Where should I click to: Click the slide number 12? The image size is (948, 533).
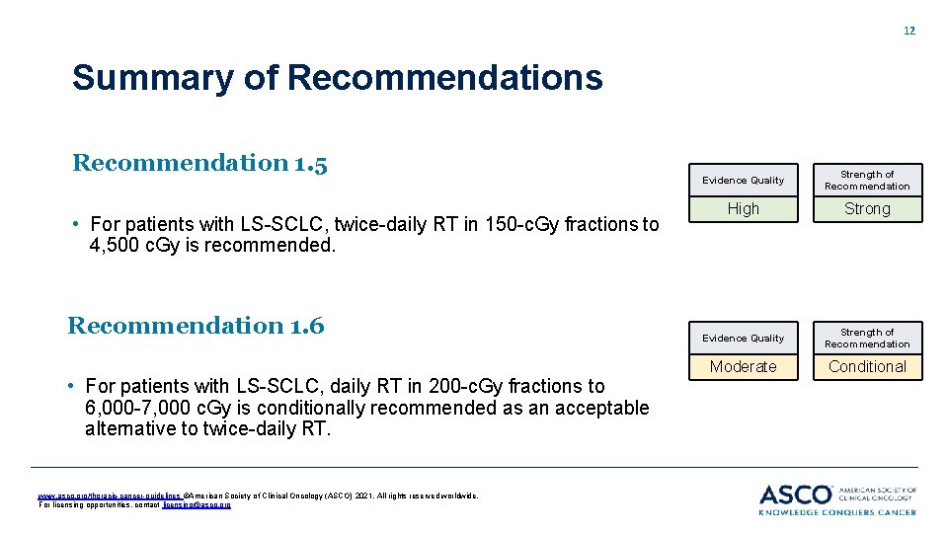click(909, 31)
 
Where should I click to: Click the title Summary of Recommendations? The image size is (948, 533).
click(337, 77)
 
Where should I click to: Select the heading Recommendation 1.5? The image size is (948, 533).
click(199, 162)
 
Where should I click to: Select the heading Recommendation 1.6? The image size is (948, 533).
click(196, 325)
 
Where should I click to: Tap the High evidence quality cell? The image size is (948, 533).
click(743, 208)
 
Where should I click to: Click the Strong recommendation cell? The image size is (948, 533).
click(867, 208)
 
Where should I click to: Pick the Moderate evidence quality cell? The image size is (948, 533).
click(743, 366)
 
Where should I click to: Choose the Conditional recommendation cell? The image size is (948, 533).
click(867, 366)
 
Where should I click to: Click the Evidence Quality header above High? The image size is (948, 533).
click(743, 180)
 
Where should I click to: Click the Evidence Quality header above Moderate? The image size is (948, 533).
click(743, 338)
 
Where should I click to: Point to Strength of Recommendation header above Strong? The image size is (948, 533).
click(867, 180)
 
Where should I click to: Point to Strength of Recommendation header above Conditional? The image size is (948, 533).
click(867, 338)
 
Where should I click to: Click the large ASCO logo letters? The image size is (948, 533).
click(795, 495)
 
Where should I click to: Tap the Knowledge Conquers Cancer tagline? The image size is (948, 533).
click(837, 512)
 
